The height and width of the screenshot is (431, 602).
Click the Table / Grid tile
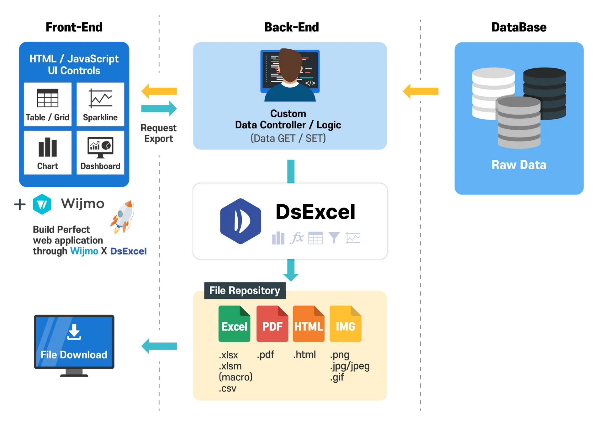point(48,105)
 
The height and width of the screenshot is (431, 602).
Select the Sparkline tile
point(100,105)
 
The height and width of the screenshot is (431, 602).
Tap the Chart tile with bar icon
point(48,153)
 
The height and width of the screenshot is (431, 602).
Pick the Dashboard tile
point(100,153)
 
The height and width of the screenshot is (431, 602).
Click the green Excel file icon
point(234,324)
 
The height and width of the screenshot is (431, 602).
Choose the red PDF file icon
point(272,324)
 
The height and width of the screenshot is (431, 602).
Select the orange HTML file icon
point(309,324)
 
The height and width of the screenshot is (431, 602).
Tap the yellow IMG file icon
point(346,324)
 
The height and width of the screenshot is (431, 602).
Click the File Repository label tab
point(245,290)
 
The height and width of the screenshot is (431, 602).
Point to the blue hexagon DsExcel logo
point(240,221)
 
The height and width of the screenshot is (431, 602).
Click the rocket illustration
point(123,217)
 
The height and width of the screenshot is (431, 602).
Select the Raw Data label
point(519,165)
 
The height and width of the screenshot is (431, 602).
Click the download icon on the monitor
point(74,332)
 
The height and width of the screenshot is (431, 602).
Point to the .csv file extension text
point(228,388)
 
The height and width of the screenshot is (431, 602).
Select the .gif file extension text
point(337,377)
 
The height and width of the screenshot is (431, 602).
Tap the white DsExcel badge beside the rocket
point(129,251)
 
